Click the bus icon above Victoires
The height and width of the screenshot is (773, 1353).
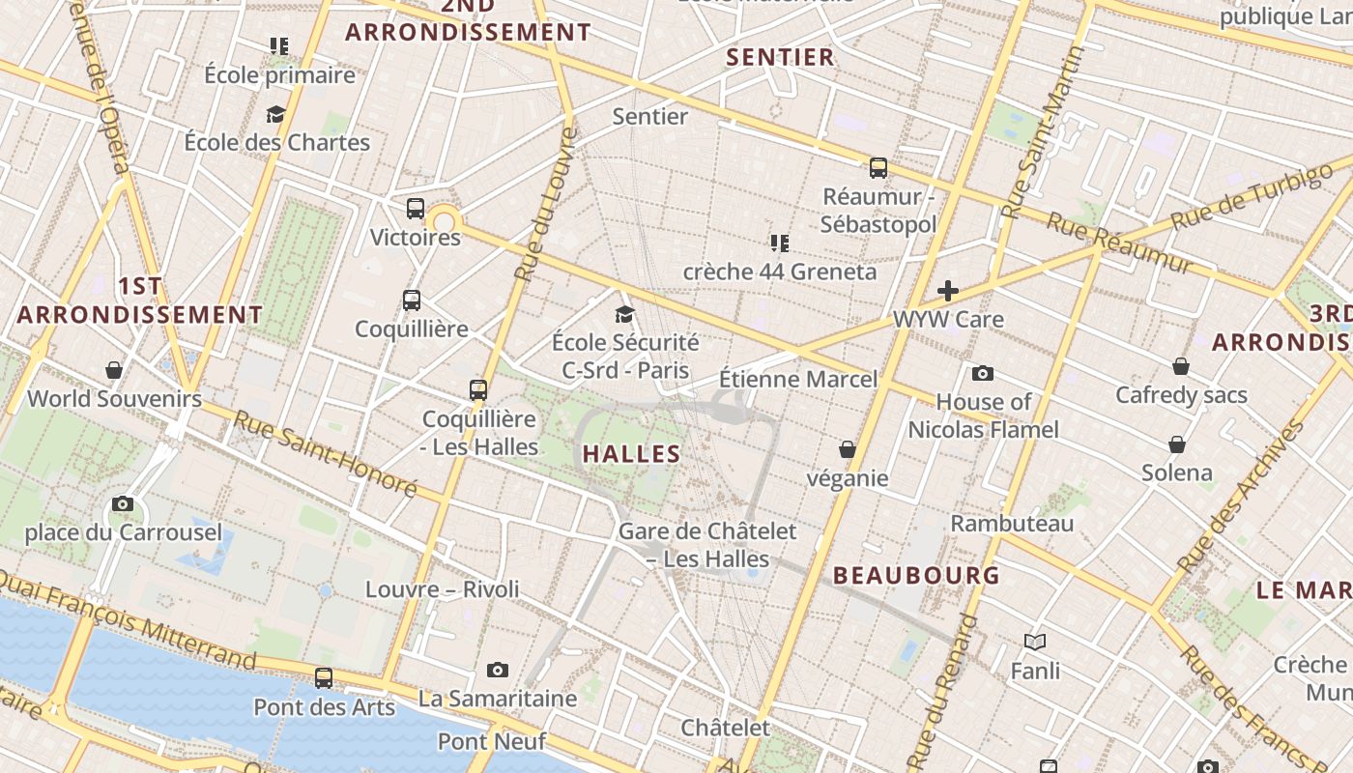(x=416, y=208)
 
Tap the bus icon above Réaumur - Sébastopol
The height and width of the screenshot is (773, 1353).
(x=878, y=167)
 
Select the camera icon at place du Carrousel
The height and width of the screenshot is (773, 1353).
(x=123, y=503)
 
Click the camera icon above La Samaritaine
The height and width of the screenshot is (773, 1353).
(x=498, y=670)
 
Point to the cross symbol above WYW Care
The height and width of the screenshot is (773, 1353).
(x=948, y=290)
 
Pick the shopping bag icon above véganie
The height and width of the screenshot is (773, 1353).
(x=848, y=449)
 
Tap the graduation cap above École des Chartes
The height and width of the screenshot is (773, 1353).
(x=276, y=114)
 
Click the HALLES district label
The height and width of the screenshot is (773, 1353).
(x=632, y=453)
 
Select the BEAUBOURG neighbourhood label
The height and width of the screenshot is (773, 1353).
(x=916, y=575)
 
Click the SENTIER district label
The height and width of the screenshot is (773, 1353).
(x=780, y=57)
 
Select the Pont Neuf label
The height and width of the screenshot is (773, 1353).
(x=492, y=741)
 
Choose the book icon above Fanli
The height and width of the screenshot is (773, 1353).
(x=1035, y=642)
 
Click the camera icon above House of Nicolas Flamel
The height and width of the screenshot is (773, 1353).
(x=983, y=373)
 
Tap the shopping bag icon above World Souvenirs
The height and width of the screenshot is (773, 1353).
(x=114, y=370)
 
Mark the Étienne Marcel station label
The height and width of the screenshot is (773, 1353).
(x=799, y=379)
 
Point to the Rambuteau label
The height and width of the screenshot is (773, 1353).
(x=1012, y=524)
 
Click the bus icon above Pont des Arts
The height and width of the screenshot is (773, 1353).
(x=324, y=677)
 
